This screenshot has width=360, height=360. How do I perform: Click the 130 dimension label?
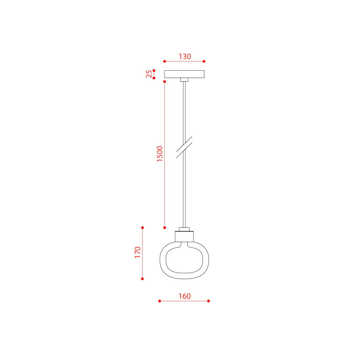point(185,56)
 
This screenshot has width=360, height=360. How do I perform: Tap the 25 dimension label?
point(149,74)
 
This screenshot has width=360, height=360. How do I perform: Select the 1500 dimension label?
point(160,154)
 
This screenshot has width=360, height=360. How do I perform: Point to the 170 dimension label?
point(137,252)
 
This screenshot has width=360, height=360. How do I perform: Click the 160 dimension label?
point(184,296)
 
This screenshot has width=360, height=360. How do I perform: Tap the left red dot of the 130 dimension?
point(165,61)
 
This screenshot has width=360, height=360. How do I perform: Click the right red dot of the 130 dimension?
point(204,61)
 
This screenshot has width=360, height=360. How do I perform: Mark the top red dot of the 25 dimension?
point(154,70)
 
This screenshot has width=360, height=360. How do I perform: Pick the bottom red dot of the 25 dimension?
point(154,78)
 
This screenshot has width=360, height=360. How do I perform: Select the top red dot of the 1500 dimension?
point(165,82)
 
